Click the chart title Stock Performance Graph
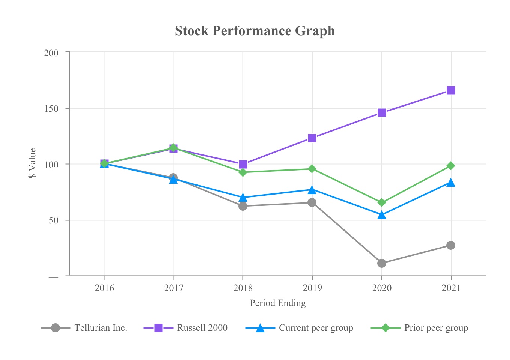pos(255,31)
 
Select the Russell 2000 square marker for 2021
pos(451,90)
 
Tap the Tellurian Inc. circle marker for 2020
pos(382,263)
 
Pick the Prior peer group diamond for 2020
pos(382,202)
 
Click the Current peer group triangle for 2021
pos(451,183)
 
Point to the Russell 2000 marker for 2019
pos(312,138)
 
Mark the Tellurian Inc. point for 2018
pos(243,206)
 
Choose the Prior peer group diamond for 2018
pos(243,172)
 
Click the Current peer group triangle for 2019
pos(312,190)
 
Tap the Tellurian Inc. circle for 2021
pos(451,245)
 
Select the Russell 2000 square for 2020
pos(382,112)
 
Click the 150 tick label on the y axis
pos(51,109)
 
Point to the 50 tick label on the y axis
pos(54,220)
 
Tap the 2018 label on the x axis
pos(243,288)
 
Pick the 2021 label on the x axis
pos(451,288)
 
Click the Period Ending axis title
pos(278,303)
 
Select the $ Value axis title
pos(33,163)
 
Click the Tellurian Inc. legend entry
pos(100,328)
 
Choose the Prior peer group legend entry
pos(436,328)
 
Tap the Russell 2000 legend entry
pos(202,328)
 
